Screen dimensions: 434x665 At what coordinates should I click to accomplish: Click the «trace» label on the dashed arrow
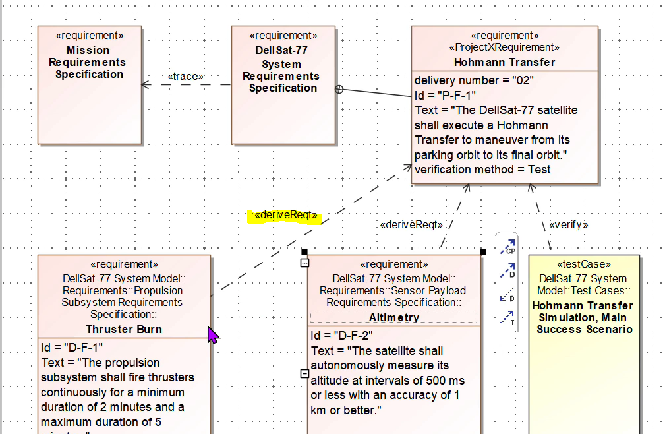[186, 77]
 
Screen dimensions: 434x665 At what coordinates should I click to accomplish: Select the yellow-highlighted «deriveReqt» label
[285, 216]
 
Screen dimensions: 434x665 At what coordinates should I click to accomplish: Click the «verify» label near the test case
[568, 224]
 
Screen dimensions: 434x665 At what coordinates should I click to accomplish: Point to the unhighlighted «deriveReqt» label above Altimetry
[411, 224]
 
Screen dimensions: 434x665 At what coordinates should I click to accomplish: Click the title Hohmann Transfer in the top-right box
[504, 62]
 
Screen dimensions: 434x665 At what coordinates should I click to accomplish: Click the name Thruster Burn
[124, 329]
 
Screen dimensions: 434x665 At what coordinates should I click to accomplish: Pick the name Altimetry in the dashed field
[393, 317]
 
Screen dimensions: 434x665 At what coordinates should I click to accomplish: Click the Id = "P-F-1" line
[445, 95]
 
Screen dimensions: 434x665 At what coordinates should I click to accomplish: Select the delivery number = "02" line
[474, 80]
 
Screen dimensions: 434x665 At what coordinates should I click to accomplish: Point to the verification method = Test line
[482, 170]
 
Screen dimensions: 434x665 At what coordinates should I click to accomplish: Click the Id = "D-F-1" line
[72, 348]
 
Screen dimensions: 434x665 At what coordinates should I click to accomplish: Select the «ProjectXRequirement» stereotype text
[504, 47]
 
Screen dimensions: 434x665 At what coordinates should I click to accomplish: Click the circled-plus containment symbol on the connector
[339, 90]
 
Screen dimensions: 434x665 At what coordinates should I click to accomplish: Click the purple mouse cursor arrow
[213, 335]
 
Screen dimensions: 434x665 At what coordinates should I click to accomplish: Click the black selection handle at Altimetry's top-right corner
[483, 251]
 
